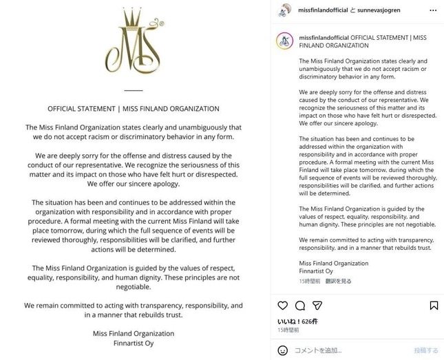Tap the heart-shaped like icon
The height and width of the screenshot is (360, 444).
[x=282, y=305]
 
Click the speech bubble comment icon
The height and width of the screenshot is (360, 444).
[x=299, y=305]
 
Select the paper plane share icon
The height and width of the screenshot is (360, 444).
[x=317, y=305]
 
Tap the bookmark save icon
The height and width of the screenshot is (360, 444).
[x=434, y=305]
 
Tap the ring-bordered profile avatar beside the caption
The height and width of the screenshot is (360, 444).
[x=284, y=41]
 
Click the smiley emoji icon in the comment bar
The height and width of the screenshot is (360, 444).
[x=283, y=350]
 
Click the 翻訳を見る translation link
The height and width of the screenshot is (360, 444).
[x=339, y=281]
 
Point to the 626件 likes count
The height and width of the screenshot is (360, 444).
[x=310, y=321]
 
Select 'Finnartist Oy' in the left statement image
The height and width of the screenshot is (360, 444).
[x=134, y=345]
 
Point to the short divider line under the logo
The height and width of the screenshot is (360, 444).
[x=134, y=90]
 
